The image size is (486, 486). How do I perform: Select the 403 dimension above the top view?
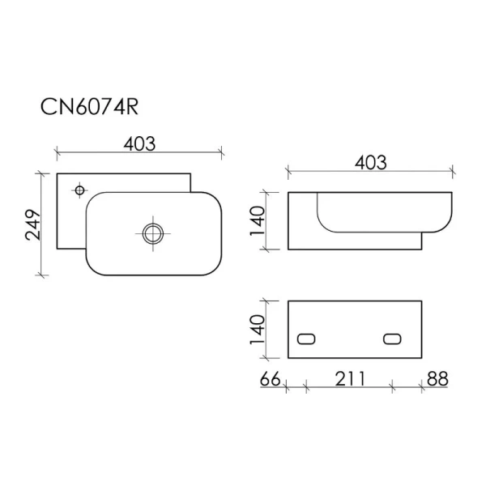139,143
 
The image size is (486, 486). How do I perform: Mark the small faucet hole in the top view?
79,190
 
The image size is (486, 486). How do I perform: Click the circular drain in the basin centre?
151,234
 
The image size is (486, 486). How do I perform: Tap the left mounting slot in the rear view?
307,339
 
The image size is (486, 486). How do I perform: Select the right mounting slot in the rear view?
393,339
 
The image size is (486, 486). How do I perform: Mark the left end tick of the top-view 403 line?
56,151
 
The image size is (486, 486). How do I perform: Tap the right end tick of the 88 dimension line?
450,388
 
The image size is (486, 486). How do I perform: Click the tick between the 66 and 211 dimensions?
305,388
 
